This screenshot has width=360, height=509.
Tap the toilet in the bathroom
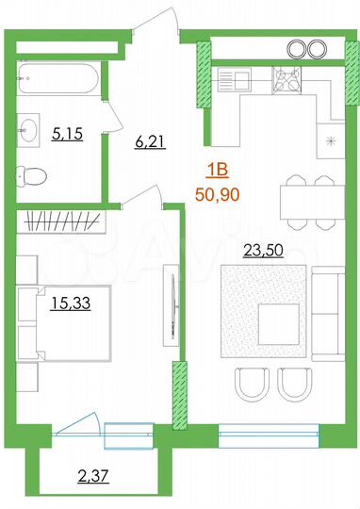point(34,175)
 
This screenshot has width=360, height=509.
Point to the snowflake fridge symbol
point(329,142)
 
